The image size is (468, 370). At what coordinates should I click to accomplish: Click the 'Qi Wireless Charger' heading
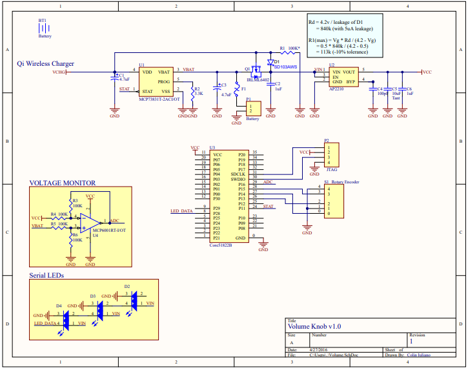(45, 64)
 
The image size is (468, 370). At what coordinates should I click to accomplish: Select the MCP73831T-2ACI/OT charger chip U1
(155, 81)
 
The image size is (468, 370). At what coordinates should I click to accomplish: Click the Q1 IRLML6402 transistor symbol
(255, 69)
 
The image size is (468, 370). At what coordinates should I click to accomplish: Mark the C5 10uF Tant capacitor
(387, 91)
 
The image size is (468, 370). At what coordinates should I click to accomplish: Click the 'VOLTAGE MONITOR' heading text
(63, 183)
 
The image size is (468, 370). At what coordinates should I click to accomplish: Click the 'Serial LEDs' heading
(46, 275)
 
